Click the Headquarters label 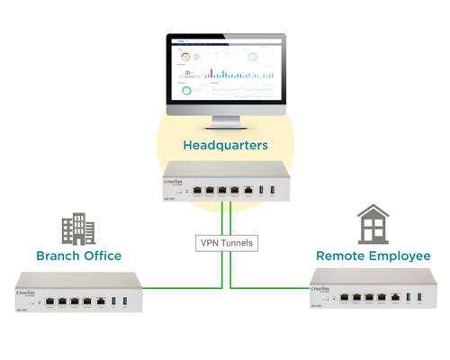(225, 145)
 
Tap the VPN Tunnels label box (225, 242)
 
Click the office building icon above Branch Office (77, 229)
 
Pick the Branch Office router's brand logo (28, 291)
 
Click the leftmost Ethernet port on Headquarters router (197, 191)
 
